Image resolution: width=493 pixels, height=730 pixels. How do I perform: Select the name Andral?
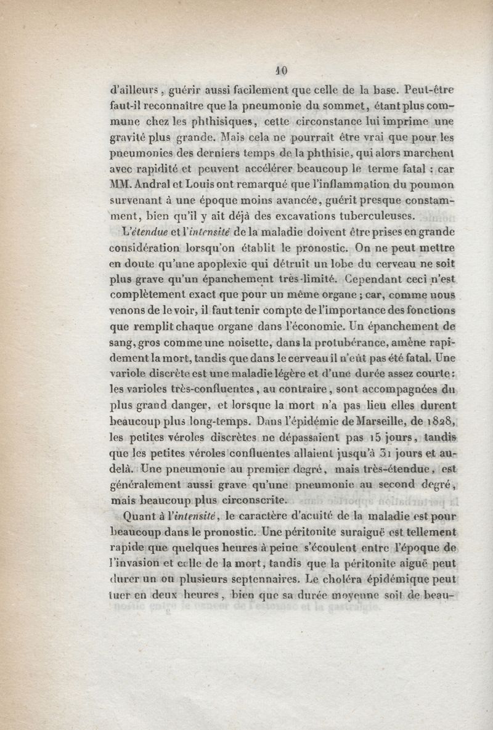tap(150, 184)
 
